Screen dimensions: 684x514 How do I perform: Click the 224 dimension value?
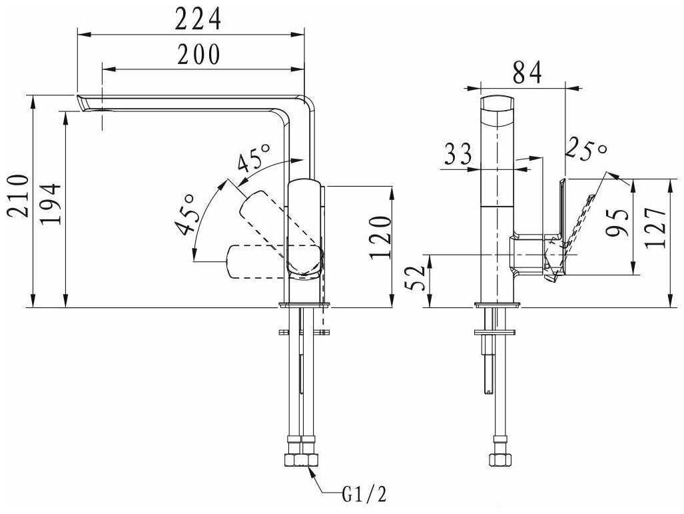click(198, 19)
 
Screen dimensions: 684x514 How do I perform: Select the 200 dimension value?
click(198, 55)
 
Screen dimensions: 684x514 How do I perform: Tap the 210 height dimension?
click(19, 195)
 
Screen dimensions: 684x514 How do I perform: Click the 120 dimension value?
click(381, 237)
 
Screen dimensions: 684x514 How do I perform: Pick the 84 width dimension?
click(527, 73)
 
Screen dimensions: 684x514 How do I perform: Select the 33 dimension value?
click(458, 154)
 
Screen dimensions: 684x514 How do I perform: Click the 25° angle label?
click(586, 150)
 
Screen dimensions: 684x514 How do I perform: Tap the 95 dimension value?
click(617, 223)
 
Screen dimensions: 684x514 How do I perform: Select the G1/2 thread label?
click(364, 495)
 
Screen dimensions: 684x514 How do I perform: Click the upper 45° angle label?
click(254, 157)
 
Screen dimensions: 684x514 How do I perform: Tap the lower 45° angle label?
click(184, 214)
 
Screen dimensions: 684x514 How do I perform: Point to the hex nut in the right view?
click(500, 460)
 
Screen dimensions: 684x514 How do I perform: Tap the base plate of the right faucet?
click(498, 305)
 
